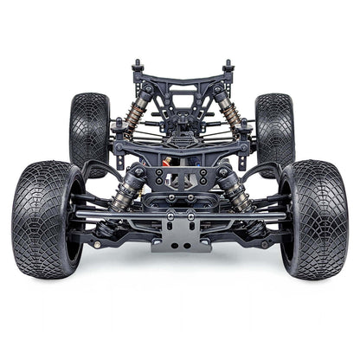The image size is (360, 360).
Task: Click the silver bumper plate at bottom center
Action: point(180,234)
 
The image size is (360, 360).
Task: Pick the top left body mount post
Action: point(137,67)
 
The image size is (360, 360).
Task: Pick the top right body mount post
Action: point(228,67)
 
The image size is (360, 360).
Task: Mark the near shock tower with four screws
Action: point(181,172)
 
